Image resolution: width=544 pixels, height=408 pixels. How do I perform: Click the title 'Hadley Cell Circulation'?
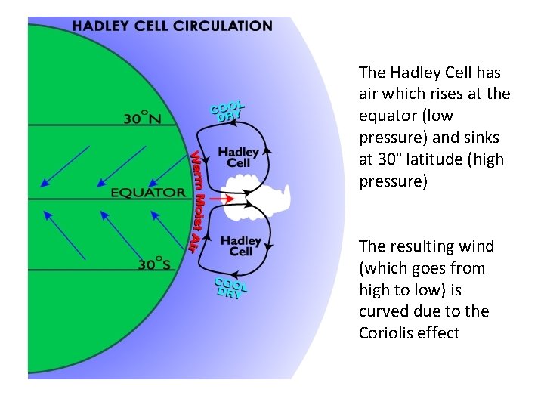[x=172, y=26]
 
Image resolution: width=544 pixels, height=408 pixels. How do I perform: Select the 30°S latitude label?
[x=154, y=264]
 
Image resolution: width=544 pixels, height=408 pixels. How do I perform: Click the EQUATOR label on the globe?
[x=148, y=192]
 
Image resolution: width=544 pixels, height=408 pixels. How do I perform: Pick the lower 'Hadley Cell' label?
[x=240, y=246]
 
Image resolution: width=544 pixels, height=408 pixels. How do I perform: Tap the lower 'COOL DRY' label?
[x=229, y=288]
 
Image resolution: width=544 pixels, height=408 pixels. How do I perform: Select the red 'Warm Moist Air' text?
[x=197, y=199]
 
